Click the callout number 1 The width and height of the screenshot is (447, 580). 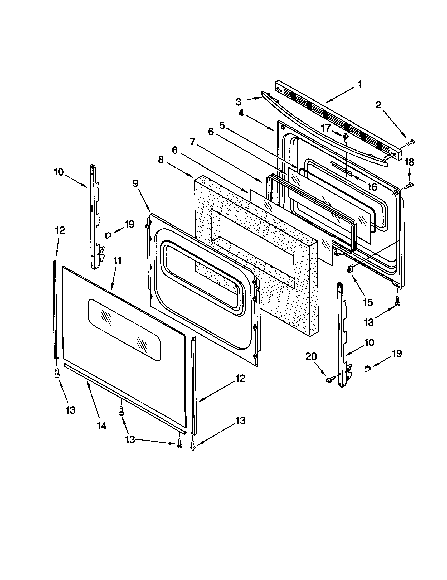tap(359, 85)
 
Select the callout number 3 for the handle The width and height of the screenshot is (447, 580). tap(238, 102)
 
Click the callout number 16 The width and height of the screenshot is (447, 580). tap(372, 187)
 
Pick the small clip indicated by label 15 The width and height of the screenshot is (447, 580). tap(350, 269)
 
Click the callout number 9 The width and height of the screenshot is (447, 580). tap(136, 183)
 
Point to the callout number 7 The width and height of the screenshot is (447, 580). tap(193, 142)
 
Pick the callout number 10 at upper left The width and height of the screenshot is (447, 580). tap(59, 172)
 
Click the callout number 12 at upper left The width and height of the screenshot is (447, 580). tap(60, 230)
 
